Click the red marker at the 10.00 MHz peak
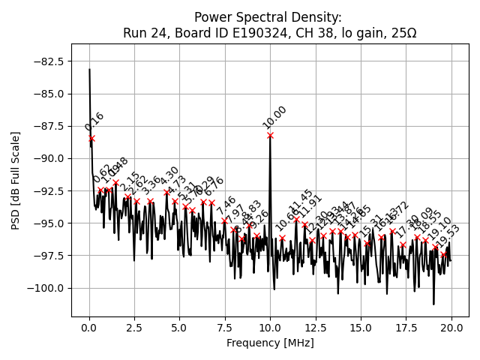pyautogui.click(x=270, y=136)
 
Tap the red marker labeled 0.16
pyautogui.click(x=92, y=139)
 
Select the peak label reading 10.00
pyautogui.click(x=274, y=117)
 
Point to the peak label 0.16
pyautogui.click(x=94, y=121)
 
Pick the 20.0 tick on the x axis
pyautogui.click(x=451, y=328)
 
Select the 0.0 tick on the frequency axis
pyautogui.click(x=89, y=328)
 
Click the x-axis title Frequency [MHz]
pyautogui.click(x=270, y=343)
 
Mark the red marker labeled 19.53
pyautogui.click(x=443, y=254)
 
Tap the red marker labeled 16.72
pyautogui.click(x=392, y=232)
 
